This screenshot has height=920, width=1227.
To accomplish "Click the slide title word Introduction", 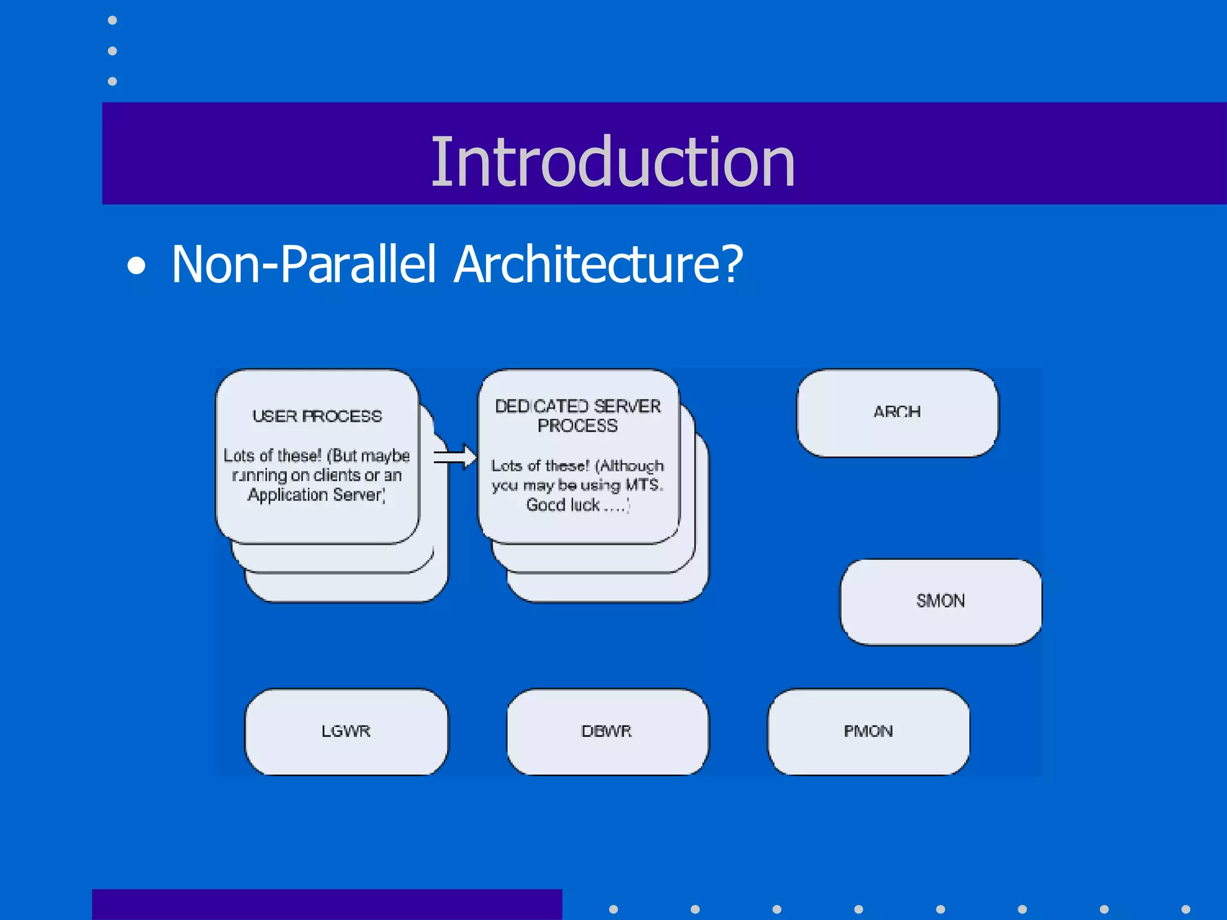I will (x=612, y=162).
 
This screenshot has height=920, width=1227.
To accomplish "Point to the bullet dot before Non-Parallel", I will (x=137, y=265).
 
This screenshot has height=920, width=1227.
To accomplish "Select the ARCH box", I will (x=897, y=413).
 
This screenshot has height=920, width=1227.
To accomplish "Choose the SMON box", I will (x=941, y=601).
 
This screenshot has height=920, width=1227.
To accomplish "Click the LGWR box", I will (x=346, y=731).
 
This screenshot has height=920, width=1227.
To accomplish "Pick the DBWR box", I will (x=607, y=731).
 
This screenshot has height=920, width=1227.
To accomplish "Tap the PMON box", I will (x=868, y=731).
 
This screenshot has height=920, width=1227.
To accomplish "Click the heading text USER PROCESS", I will (x=317, y=416).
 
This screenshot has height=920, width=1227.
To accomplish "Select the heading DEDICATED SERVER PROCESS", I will (x=578, y=416).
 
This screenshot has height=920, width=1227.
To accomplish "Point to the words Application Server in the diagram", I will (x=316, y=495).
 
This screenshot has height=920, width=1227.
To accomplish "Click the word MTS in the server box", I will (x=643, y=485).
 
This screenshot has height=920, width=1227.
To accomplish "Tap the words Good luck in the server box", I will (x=563, y=505).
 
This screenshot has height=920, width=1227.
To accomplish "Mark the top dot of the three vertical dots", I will (x=112, y=20).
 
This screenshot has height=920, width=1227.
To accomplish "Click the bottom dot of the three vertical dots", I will (x=112, y=81).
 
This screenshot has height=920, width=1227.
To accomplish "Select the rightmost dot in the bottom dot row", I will (x=1186, y=909).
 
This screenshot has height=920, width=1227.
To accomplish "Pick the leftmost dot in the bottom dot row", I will (x=613, y=909).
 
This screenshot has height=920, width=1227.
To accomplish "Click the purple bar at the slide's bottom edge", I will (x=327, y=905).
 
